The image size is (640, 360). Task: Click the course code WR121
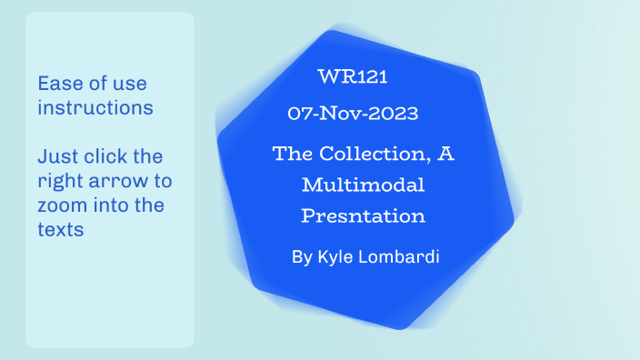[353, 78]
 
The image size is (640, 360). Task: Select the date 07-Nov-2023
[353, 114]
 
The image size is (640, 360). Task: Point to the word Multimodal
[363, 185]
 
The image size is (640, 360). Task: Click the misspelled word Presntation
[363, 217]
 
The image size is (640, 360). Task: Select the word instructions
[95, 108]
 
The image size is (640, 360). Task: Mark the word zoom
[63, 205]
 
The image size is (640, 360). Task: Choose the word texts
[61, 229]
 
